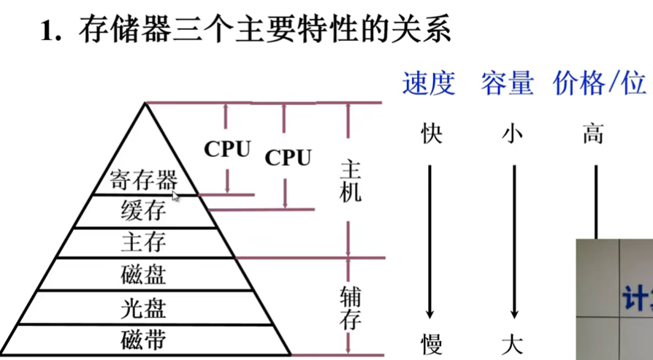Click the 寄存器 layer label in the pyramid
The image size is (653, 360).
pos(144,180)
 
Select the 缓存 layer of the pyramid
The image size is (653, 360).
pos(144,211)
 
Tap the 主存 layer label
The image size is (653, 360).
pos(144,242)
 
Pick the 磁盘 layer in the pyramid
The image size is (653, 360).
pos(144,275)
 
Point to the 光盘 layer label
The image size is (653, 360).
pos(144,307)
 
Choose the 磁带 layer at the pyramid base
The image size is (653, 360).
pos(144,339)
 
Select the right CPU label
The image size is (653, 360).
pos(288,157)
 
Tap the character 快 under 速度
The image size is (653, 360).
pos(432,134)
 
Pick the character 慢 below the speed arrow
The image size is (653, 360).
pos(432,343)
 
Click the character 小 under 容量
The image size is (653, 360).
pos(513,134)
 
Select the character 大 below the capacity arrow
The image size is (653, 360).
pos(513,343)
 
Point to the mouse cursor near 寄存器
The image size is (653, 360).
pos(175,195)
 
